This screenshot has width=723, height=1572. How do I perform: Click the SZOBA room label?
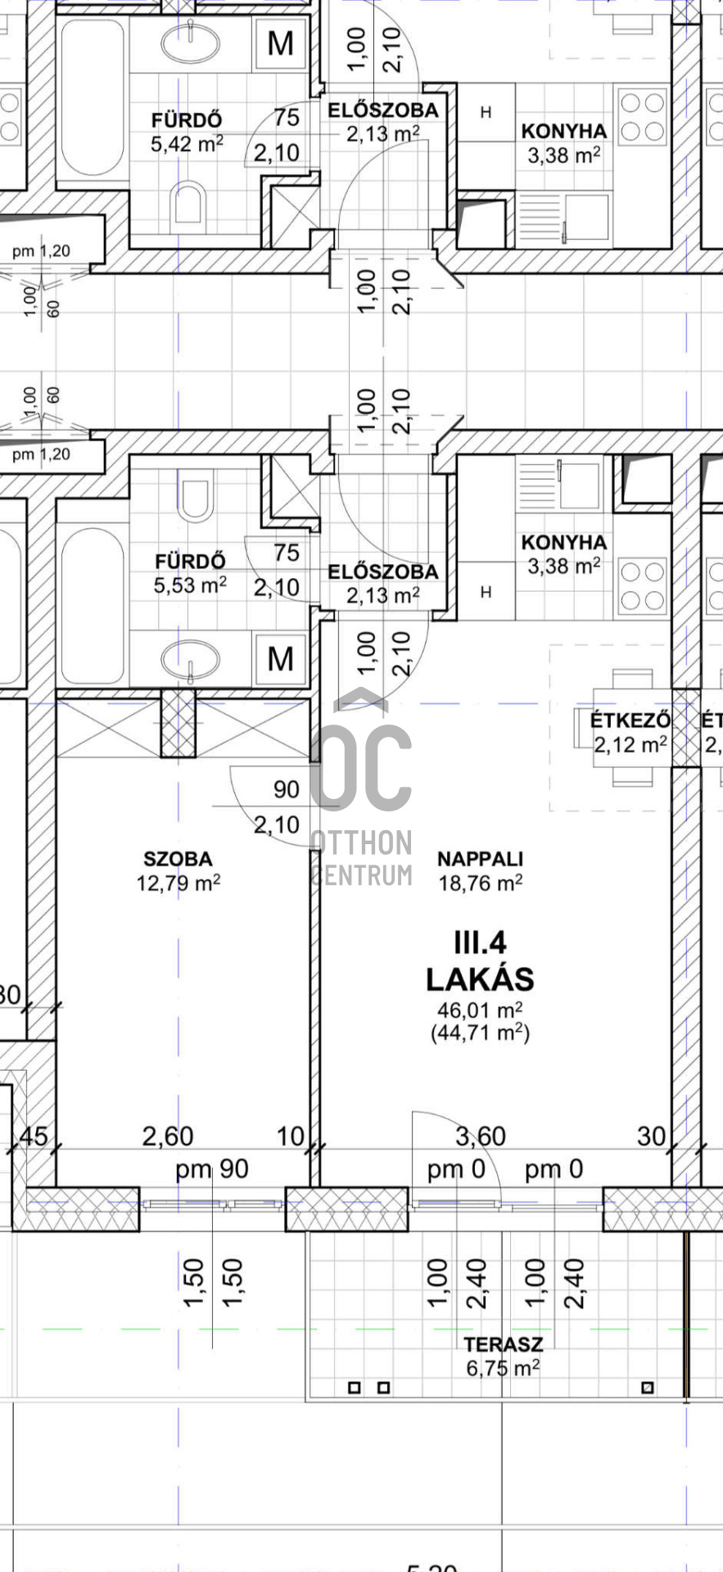pyautogui.click(x=178, y=859)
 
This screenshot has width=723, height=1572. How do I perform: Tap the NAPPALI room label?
pyautogui.click(x=480, y=859)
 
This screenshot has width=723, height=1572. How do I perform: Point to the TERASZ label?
pyautogui.click(x=504, y=1344)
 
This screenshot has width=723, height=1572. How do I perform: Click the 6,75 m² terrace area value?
pyautogui.click(x=503, y=1367)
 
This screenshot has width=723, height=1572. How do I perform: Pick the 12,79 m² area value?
pyautogui.click(x=178, y=883)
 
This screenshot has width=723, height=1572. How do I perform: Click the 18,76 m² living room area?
pyautogui.click(x=481, y=883)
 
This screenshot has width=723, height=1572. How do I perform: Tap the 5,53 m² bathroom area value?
pyautogui.click(x=190, y=585)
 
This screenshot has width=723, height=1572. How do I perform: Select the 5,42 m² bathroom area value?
pyautogui.click(x=187, y=144)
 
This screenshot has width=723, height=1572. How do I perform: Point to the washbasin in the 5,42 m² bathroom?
pyautogui.click(x=190, y=43)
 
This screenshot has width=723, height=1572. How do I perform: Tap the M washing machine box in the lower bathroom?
pyautogui.click(x=281, y=659)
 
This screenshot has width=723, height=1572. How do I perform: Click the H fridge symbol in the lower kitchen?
pyautogui.click(x=486, y=591)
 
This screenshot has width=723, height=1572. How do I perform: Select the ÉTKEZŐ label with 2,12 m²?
pyautogui.click(x=630, y=720)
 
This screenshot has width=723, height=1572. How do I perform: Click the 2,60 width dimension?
pyautogui.click(x=168, y=1136)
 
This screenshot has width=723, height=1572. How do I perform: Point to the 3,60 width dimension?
pyautogui.click(x=481, y=1136)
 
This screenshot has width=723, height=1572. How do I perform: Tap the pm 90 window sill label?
pyautogui.click(x=212, y=1169)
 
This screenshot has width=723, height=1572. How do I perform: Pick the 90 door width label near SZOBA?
pyautogui.click(x=287, y=790)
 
